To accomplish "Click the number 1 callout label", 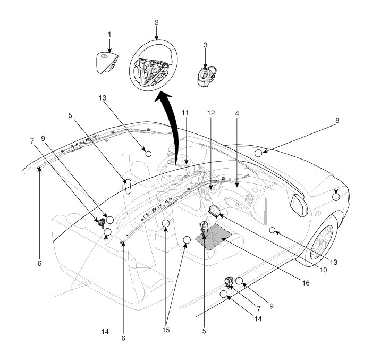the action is click(109, 35).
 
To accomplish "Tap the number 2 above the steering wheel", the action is click(157, 23).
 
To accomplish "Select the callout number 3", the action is click(205, 45).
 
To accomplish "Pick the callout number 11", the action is click(185, 113).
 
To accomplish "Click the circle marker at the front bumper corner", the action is click(336, 196).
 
